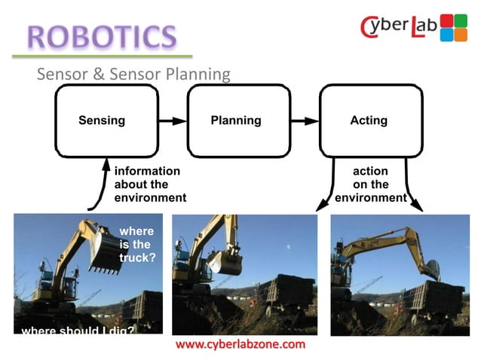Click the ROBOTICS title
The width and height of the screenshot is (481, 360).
point(101,35)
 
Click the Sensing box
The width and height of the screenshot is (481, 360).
point(102,120)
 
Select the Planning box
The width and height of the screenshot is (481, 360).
point(236,120)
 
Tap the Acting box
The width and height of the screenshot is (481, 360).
point(369,120)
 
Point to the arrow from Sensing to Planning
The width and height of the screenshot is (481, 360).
point(173,121)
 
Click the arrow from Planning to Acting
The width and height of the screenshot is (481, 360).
point(305,121)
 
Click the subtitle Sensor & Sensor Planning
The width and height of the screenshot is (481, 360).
point(133,74)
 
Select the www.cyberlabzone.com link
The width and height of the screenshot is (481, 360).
point(240,344)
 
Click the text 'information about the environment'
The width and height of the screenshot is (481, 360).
point(149,185)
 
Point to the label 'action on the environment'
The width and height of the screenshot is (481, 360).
point(370,185)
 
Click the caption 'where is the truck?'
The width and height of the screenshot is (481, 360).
point(137,245)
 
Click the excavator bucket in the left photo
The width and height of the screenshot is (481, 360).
point(105,252)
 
